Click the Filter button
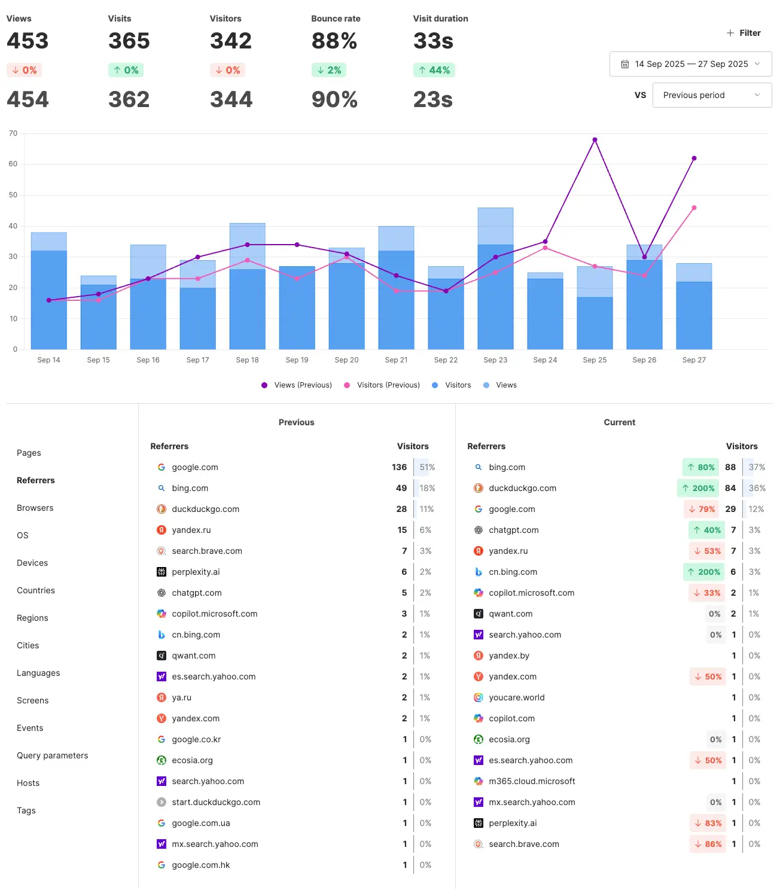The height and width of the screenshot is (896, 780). (x=744, y=33)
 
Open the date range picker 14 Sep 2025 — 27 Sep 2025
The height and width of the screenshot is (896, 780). (x=690, y=64)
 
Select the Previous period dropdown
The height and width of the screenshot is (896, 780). (x=711, y=95)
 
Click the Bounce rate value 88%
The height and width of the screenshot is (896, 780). (x=334, y=41)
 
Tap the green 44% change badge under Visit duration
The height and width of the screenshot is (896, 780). (x=434, y=70)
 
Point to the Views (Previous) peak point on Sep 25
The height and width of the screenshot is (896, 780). (x=595, y=140)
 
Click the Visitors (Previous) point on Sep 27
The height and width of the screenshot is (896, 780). (x=694, y=208)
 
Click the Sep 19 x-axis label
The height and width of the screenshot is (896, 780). (x=297, y=360)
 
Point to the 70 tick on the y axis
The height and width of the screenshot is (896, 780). (x=13, y=133)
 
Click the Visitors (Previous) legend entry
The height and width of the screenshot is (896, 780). (x=382, y=385)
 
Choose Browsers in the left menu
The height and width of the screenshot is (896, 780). (x=35, y=508)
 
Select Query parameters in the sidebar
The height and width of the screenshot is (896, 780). (x=53, y=755)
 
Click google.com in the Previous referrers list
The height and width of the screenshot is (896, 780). (x=195, y=467)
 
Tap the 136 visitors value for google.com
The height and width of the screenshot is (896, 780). (x=399, y=467)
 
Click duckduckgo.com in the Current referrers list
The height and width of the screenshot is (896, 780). (x=522, y=488)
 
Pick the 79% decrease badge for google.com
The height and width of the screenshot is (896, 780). (x=702, y=509)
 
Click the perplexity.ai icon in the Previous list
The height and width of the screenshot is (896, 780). (x=162, y=572)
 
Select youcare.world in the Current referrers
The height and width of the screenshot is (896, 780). (x=516, y=697)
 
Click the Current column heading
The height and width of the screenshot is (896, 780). (x=619, y=422)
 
